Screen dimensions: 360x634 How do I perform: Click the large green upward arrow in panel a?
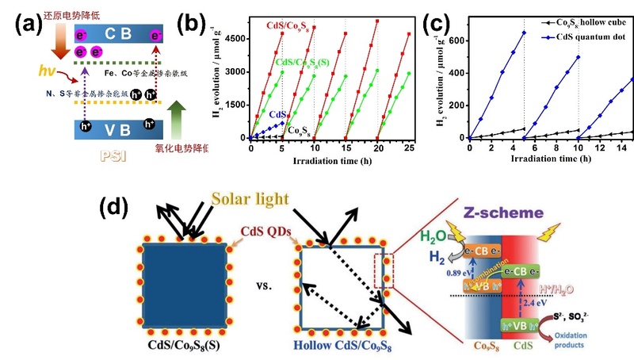click(176, 102)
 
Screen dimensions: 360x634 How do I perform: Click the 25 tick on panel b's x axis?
click(409, 148)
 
